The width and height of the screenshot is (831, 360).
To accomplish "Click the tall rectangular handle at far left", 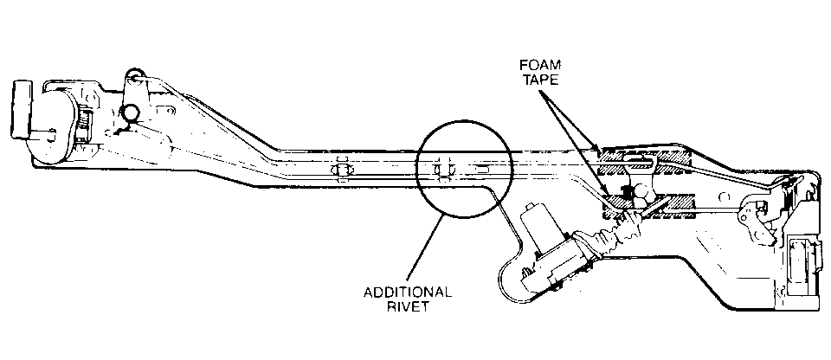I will [x=21, y=107].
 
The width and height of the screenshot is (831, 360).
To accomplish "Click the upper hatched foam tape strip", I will [x=645, y=158].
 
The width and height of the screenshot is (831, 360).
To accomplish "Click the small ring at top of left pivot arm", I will [x=132, y=76].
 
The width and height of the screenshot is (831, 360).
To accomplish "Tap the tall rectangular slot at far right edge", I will [x=808, y=260].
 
